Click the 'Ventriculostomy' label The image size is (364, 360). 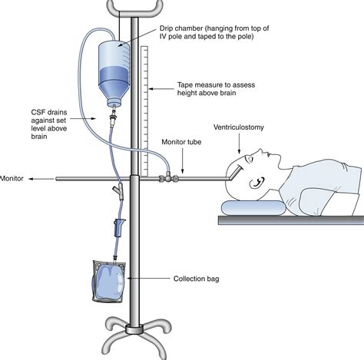tap(239, 127)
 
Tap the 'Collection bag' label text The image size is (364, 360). tap(196, 279)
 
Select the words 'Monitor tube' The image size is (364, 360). tap(181, 142)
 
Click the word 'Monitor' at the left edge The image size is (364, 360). tap(12, 178)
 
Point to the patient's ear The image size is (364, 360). tap(256, 183)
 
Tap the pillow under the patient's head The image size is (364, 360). tap(253, 207)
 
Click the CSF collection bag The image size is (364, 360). tap(109, 282)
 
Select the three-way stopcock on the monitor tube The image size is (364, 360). tap(168, 177)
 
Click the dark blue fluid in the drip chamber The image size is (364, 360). tap(114, 75)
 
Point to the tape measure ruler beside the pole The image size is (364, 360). tap(144, 111)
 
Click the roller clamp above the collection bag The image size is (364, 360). tap(119, 227)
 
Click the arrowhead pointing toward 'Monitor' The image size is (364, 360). tap(31, 179)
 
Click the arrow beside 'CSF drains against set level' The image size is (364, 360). tap(82, 118)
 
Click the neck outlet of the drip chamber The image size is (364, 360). tap(114, 103)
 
